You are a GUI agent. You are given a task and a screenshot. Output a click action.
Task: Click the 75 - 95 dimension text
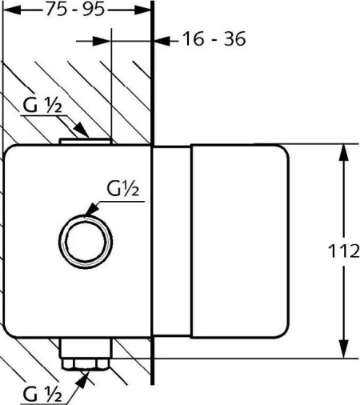tap(75, 10)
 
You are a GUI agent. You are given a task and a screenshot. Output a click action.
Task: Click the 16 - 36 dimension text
tap(214, 39)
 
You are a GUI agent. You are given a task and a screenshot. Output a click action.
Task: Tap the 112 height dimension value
tap(344, 251)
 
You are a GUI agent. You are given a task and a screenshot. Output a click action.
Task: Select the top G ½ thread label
tap(42, 106)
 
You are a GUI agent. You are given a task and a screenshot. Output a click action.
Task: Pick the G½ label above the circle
tap(123, 189)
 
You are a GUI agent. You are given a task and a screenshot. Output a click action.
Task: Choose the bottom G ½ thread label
tap(42, 394)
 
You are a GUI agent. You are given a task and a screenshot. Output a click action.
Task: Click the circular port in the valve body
tap(86, 242)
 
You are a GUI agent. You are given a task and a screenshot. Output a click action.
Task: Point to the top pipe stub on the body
tap(86, 141)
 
